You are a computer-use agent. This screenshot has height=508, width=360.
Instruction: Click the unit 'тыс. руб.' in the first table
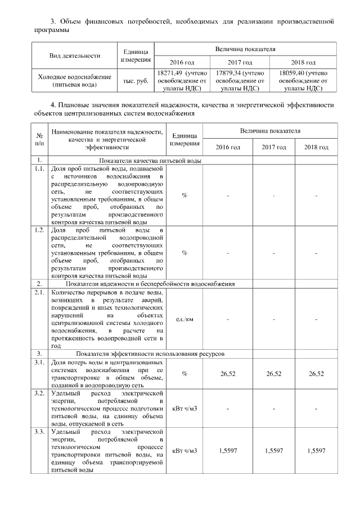click(135, 80)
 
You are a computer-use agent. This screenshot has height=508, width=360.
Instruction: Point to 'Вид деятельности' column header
click(75, 56)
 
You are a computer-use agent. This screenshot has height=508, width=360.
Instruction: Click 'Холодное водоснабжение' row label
click(75, 77)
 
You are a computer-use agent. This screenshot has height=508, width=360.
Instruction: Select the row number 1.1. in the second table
click(39, 168)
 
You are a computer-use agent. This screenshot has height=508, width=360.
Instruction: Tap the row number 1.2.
click(39, 230)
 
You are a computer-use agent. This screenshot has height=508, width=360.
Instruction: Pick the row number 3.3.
click(39, 431)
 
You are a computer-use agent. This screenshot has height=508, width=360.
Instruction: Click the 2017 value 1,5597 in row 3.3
click(272, 451)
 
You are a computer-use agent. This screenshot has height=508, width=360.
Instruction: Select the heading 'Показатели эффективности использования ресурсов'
click(151, 355)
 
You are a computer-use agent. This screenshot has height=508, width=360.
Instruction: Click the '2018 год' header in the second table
click(316, 147)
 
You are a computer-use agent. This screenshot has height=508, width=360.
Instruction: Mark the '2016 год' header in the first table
click(182, 62)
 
